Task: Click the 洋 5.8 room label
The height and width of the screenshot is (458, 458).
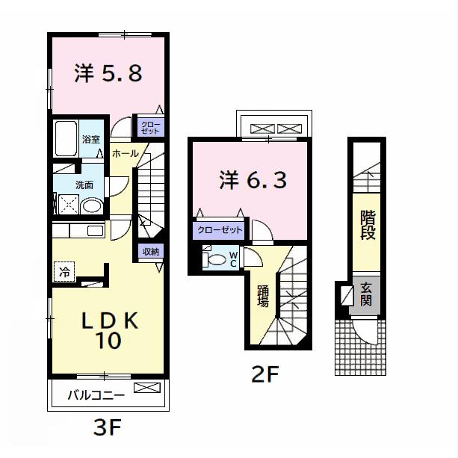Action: [108, 73]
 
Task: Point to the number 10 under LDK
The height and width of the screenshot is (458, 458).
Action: [109, 341]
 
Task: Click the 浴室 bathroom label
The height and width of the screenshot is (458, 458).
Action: [91, 138]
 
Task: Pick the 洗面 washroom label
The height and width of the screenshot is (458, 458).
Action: [83, 185]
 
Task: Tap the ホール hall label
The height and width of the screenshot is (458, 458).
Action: [125, 153]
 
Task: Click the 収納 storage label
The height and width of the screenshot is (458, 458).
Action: [149, 251]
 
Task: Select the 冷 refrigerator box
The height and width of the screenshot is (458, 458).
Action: [64, 273]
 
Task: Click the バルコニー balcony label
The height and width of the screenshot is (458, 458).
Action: [96, 394]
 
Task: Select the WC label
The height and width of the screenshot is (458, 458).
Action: [233, 259]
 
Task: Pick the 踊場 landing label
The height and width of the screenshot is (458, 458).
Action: [263, 297]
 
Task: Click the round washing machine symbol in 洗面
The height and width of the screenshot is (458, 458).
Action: [93, 205]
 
